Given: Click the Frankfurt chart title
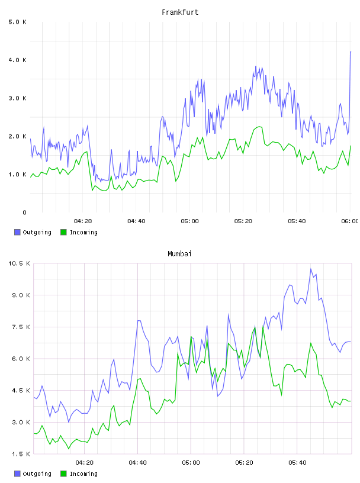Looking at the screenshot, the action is point(180,12).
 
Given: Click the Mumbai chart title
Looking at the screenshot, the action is point(179,254).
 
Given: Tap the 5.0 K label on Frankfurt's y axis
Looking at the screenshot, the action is point(17,22).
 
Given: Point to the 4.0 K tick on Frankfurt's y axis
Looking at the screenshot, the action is point(17,60).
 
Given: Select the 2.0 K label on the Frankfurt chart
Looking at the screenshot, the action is point(17,137).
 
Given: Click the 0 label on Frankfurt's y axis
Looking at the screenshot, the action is point(24,212).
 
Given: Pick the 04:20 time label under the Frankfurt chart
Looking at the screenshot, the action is point(83,221).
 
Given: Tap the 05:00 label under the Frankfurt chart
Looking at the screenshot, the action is point(190,221).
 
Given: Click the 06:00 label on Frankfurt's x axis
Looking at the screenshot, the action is point(349,221).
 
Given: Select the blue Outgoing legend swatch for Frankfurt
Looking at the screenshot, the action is point(17,232).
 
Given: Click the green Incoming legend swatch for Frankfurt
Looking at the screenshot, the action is point(63,232).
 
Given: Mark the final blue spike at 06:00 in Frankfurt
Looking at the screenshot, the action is point(351,52).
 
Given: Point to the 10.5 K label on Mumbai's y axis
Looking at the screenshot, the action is point(19,263).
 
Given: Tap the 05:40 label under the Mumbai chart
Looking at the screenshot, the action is point(297,463).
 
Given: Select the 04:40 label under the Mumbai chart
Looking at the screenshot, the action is point(138,463).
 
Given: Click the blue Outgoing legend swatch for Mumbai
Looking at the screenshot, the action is point(17,474).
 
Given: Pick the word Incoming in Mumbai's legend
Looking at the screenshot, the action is point(83,474).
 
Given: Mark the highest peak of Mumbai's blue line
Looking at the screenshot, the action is point(311,269).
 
